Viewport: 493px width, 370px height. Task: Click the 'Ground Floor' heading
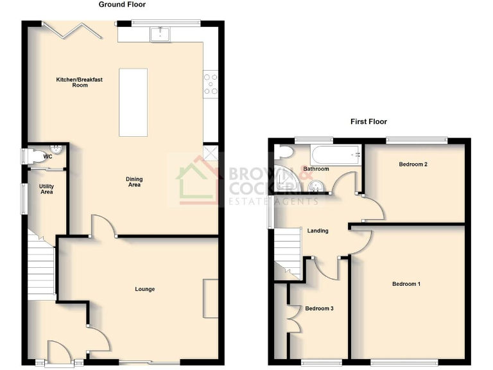[x=122, y=4]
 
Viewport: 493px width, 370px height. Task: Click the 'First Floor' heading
[x=368, y=121]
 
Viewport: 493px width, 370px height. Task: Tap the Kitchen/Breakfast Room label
[x=80, y=82]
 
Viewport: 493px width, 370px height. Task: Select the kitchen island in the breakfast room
[x=134, y=102]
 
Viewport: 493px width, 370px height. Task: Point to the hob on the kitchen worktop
[x=210, y=84]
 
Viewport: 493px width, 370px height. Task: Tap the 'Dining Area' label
[x=134, y=182]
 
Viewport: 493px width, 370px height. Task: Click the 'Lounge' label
[x=144, y=289]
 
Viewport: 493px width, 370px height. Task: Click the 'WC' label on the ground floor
[x=48, y=156]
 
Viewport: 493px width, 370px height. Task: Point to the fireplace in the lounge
[x=211, y=298]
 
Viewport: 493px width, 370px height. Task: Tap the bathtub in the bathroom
[x=335, y=155]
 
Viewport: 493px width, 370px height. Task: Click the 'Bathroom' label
[x=316, y=170]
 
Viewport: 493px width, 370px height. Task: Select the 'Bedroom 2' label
[x=413, y=164]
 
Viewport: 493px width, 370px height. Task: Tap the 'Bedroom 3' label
[x=319, y=309]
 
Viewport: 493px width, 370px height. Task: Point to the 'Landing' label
[x=318, y=231]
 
